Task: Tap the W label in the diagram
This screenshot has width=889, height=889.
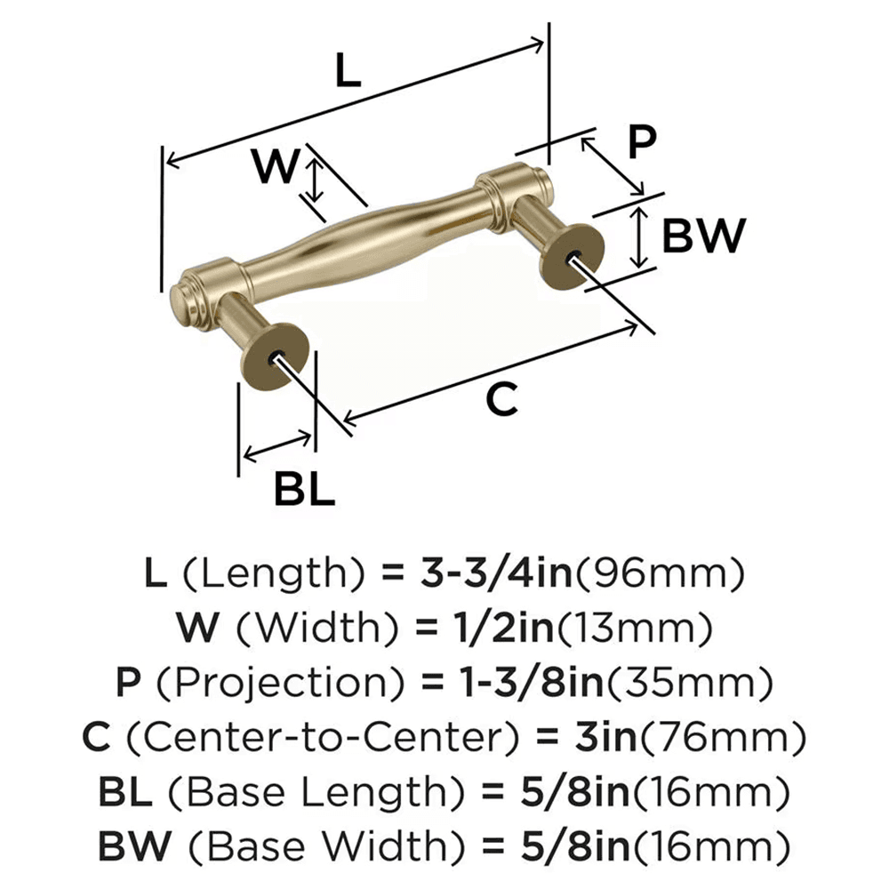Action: [x=273, y=165]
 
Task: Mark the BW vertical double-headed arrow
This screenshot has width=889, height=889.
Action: [x=638, y=237]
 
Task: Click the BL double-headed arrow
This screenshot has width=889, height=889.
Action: [x=277, y=447]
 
